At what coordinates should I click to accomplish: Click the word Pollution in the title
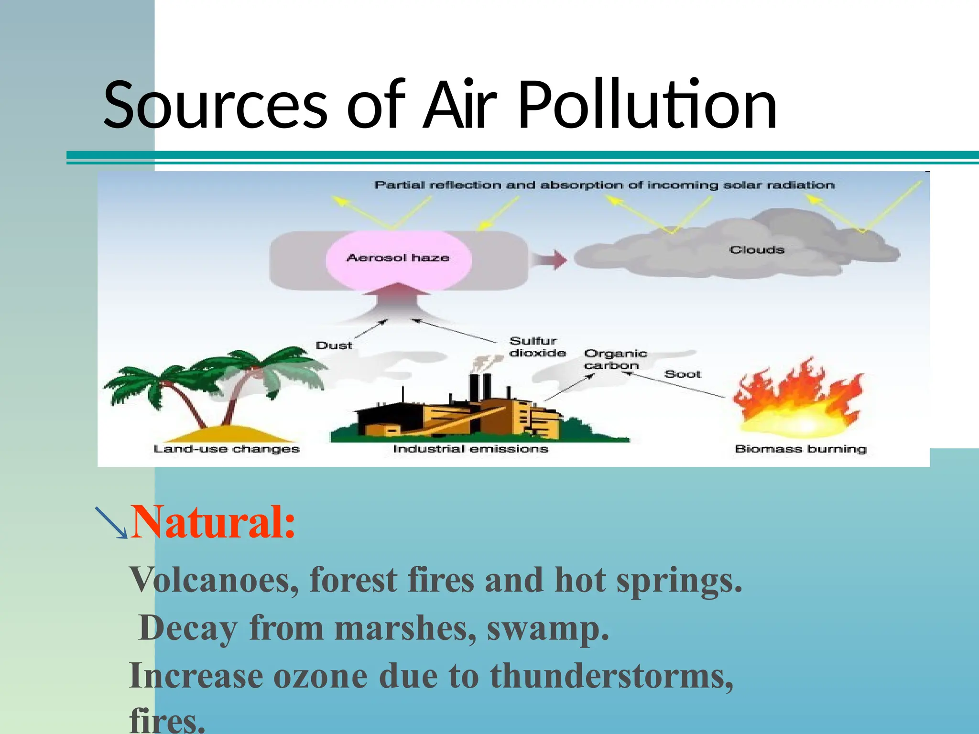click(647, 105)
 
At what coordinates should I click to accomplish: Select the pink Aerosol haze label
click(398, 258)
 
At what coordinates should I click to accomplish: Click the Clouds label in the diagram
click(757, 250)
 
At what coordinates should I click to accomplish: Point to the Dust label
click(334, 345)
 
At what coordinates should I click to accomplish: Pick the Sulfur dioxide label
click(537, 347)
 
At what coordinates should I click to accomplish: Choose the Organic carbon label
click(615, 359)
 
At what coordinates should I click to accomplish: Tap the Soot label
click(682, 374)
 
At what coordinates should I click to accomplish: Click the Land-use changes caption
click(227, 449)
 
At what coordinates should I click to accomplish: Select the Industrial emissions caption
click(470, 449)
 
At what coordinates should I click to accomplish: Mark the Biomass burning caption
click(800, 449)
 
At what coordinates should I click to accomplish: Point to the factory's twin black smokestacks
click(480, 387)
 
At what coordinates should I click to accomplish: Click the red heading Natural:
click(213, 522)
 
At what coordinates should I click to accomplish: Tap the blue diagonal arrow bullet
click(111, 522)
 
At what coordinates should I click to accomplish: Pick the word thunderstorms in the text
click(611, 676)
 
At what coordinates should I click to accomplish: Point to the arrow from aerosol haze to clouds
click(550, 259)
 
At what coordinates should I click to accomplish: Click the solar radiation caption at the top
click(604, 185)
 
